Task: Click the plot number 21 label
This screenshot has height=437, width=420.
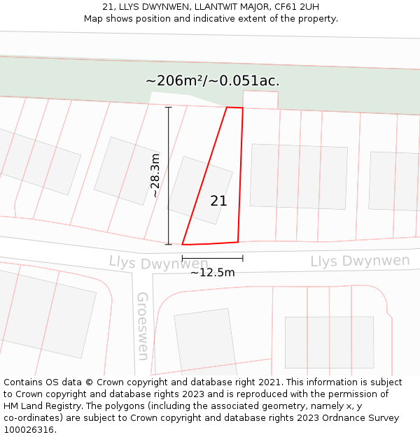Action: pyautogui.click(x=218, y=201)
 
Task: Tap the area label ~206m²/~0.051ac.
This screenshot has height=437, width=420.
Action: pyautogui.click(x=212, y=81)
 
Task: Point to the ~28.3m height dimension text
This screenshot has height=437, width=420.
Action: pyautogui.click(x=155, y=175)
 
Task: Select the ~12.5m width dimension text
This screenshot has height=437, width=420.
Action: pyautogui.click(x=212, y=273)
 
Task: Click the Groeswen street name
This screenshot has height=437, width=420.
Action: pyautogui.click(x=143, y=326)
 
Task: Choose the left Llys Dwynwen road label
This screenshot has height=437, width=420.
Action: pyautogui.click(x=148, y=264)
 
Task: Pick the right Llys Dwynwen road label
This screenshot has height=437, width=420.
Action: pyautogui.click(x=360, y=262)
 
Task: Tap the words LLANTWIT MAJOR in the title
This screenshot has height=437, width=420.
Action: pyautogui.click(x=224, y=7)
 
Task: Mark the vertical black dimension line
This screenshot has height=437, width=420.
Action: pyautogui.click(x=168, y=175)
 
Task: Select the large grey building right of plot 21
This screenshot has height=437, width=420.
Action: pyautogui.click(x=298, y=176)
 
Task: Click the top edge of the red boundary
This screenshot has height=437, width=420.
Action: pyautogui.click(x=234, y=108)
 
